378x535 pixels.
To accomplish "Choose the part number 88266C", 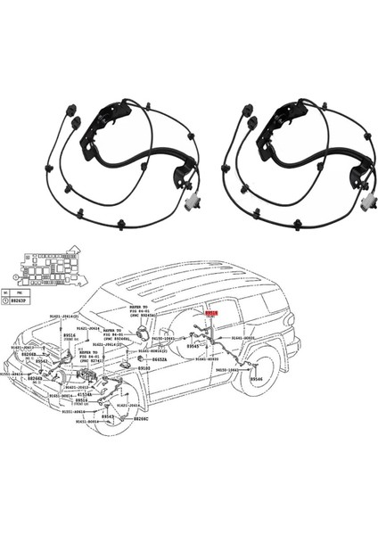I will pos(142,418).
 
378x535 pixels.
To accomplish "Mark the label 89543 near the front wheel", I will pos(108,416).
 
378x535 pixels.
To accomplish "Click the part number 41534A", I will pos(84,393).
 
